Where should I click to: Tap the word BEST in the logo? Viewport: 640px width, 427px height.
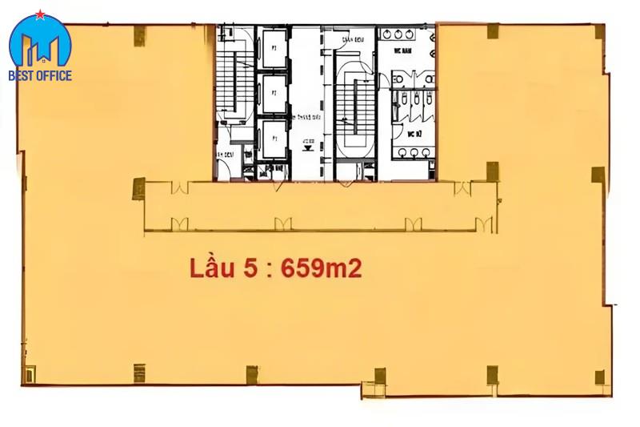tap(23, 76)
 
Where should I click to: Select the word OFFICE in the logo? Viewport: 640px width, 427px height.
tap(54, 76)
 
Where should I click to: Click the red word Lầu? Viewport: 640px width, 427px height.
tap(210, 268)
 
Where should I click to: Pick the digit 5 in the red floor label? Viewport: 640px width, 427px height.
tap(250, 268)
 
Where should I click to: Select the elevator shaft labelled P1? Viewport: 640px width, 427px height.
tap(273, 49)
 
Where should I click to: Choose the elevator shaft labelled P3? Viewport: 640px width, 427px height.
tap(273, 138)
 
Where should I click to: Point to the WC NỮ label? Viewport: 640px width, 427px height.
tap(414, 134)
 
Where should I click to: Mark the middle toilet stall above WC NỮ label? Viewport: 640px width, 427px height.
tap(414, 101)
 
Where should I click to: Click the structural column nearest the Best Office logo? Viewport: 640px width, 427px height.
tap(139, 34)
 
